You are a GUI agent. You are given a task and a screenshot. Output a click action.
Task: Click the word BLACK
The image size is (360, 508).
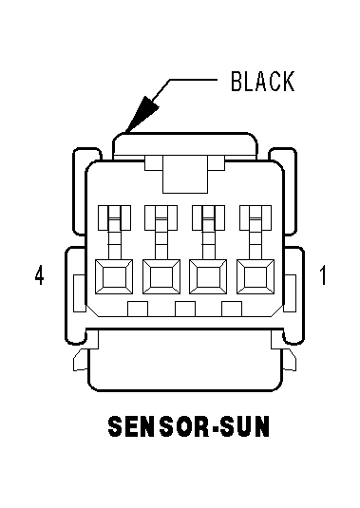pyautogui.click(x=263, y=81)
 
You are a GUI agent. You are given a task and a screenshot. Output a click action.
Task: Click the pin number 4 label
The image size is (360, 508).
pyautogui.click(x=40, y=275)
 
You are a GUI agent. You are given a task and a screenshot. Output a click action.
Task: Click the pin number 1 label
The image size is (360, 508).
pyautogui.click(x=323, y=275)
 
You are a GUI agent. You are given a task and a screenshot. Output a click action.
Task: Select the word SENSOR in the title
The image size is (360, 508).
pyautogui.click(x=159, y=426)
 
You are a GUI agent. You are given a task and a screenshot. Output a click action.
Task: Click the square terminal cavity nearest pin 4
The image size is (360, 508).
pyautogui.click(x=114, y=277)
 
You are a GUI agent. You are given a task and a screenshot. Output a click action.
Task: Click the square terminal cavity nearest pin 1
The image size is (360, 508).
pyautogui.click(x=256, y=277)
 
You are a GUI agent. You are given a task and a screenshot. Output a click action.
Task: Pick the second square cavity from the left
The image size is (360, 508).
pyautogui.click(x=161, y=277)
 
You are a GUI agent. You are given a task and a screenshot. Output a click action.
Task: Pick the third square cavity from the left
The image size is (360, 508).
pyautogui.click(x=208, y=277)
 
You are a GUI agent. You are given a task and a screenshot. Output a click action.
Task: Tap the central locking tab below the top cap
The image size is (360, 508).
pyautogui.click(x=185, y=175)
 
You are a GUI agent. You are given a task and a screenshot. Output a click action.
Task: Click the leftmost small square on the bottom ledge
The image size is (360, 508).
pyautogui.click(x=138, y=309)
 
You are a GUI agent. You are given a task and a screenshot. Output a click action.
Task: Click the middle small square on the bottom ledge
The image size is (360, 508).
pyautogui.click(x=185, y=309)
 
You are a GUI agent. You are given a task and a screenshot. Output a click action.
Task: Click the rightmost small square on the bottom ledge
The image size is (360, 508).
pyautogui.click(x=232, y=309)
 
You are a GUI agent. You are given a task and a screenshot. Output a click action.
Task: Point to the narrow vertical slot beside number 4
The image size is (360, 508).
pyautogui.click(x=80, y=293)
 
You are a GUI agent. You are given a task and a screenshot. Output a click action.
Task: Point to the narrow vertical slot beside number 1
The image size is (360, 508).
pyautogui.click(x=290, y=293)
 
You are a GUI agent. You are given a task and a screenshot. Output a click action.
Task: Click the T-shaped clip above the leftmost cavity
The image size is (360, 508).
pyautogui.click(x=114, y=232)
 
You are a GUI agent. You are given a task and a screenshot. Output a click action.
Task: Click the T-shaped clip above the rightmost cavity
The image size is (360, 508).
pyautogui.click(x=256, y=232)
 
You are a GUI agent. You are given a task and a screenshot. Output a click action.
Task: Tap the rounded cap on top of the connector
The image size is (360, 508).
pyautogui.click(x=185, y=146)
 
